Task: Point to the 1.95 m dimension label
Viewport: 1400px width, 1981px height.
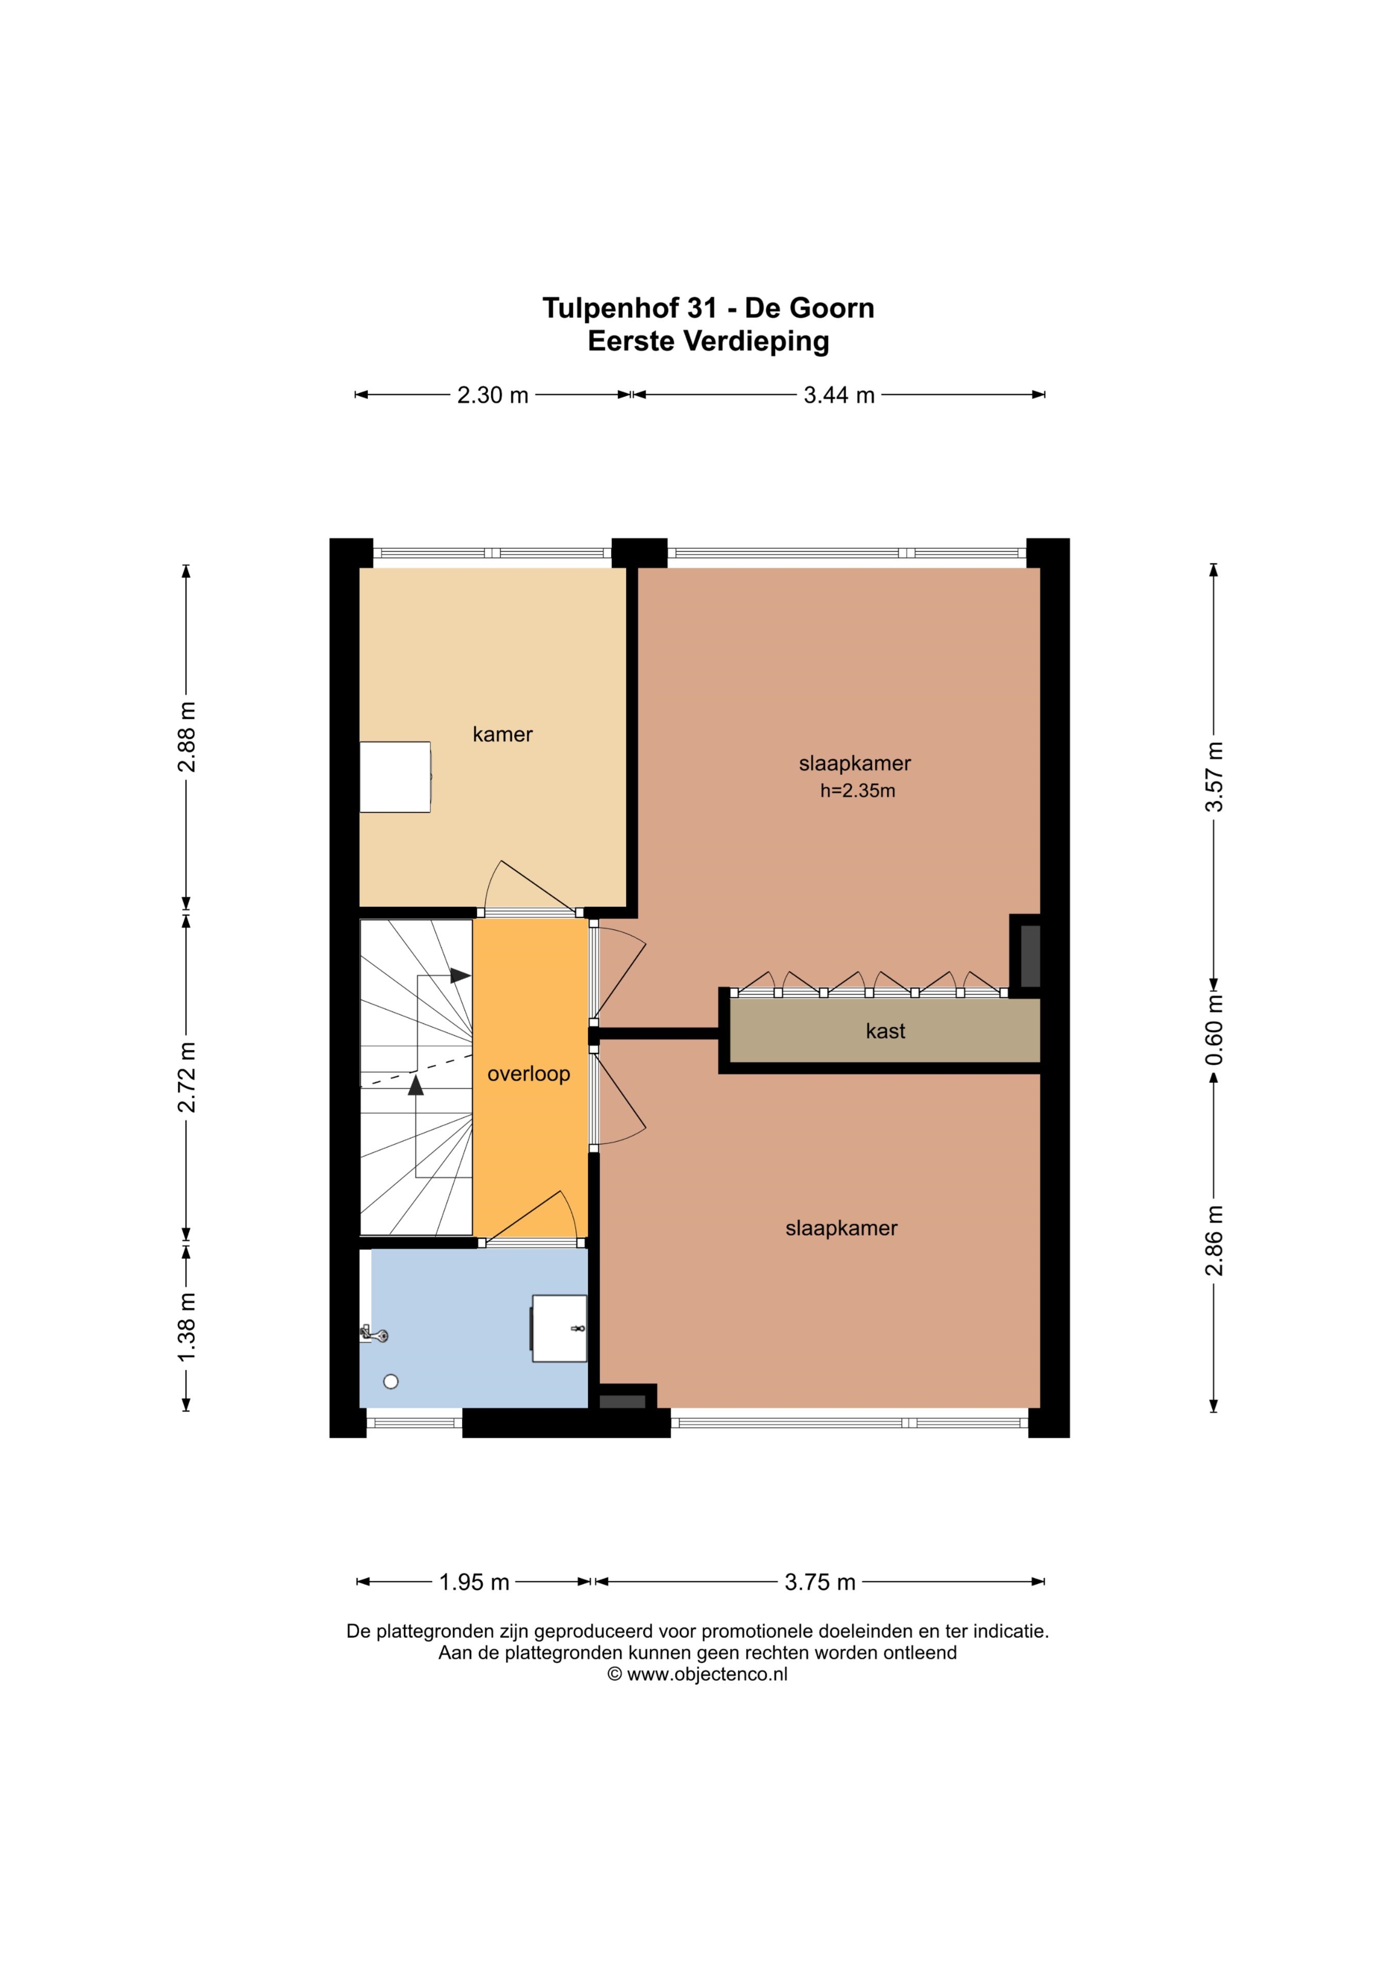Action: pos(474,1582)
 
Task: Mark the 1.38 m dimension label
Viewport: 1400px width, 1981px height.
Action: pos(186,1327)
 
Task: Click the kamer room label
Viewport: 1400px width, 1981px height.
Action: pos(502,734)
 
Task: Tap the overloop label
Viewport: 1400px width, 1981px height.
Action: pos(529,1074)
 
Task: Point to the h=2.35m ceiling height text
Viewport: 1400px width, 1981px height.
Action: pos(858,790)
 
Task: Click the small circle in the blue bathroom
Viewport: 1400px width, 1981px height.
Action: pos(391,1382)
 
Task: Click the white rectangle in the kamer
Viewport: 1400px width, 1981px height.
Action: pos(395,776)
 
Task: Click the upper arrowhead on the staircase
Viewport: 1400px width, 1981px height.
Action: pos(460,976)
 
